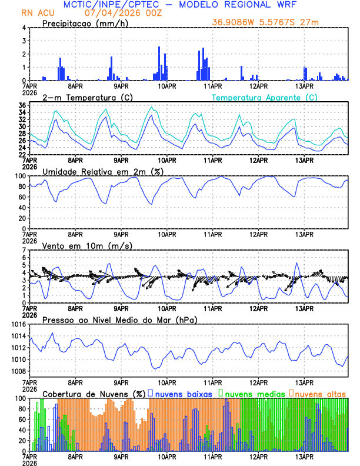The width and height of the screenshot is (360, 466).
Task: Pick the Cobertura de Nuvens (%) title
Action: (94, 393)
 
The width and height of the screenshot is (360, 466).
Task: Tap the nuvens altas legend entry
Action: (320, 393)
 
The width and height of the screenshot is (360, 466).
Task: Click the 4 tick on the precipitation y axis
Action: (23, 28)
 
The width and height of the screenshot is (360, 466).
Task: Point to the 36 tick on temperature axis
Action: (21, 105)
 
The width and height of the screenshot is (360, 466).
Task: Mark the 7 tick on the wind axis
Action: (23, 250)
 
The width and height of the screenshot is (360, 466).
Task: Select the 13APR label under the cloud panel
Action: (304, 455)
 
